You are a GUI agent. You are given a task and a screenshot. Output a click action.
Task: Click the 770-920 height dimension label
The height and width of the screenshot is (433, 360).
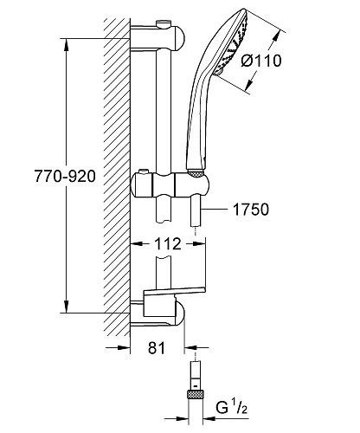[65, 176]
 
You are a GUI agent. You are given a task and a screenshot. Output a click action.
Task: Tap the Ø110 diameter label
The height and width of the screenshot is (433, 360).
[261, 61]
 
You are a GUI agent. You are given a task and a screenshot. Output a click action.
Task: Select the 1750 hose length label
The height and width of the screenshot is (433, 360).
[251, 210]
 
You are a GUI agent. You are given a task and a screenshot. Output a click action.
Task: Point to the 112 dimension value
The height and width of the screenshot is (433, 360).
[168, 244]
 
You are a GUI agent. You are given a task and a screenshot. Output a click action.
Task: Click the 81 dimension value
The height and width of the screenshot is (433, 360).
[157, 348]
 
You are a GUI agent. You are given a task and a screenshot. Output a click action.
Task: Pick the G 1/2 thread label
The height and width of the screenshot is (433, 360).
[231, 407]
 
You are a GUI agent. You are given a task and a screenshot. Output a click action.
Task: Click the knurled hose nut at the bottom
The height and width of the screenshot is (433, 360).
[196, 394]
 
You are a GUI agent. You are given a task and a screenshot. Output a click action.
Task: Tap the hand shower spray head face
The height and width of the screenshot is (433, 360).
[232, 43]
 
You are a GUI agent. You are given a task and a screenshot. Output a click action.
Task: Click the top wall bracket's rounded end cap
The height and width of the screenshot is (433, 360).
[178, 38]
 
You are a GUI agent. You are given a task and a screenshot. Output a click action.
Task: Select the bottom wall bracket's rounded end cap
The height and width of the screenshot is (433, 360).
[179, 313]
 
